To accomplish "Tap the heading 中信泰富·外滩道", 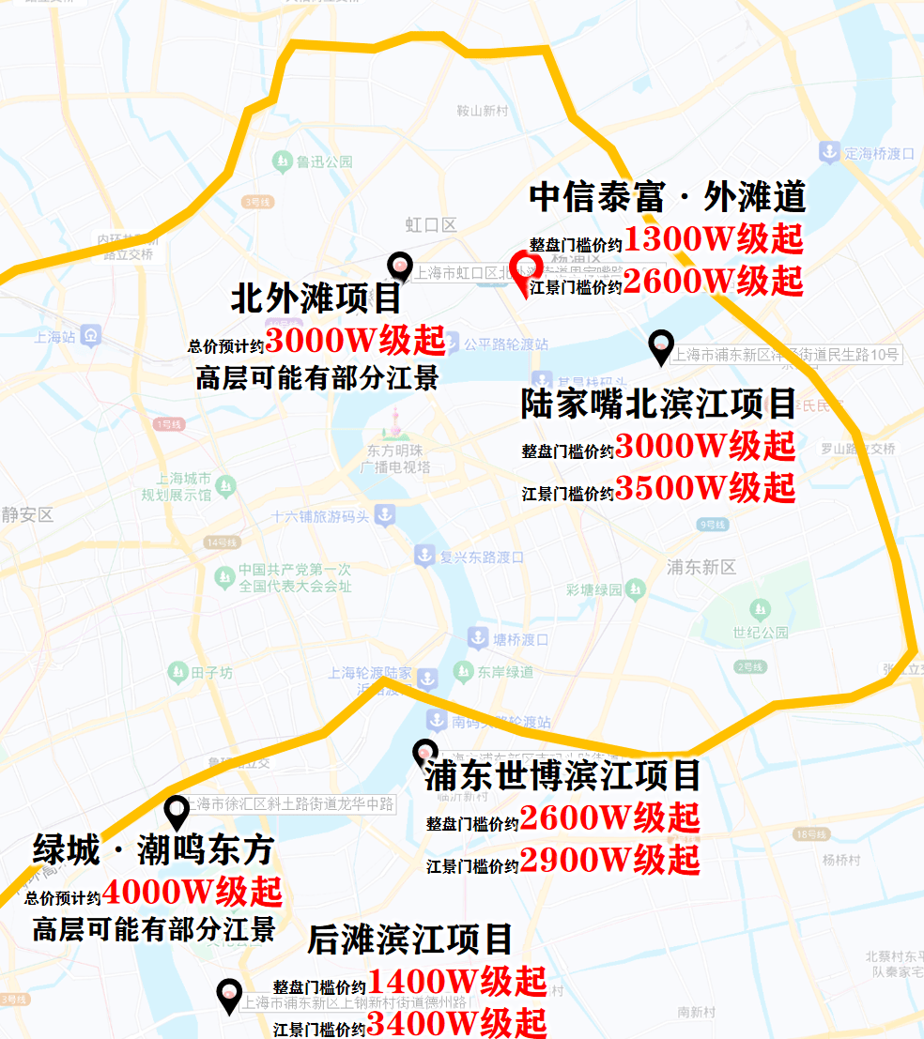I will click(667, 197).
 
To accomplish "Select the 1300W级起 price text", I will click(714, 240).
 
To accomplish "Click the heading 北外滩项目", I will click(316, 299).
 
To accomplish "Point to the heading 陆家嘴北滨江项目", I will click(659, 405).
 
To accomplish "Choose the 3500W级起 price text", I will click(705, 488).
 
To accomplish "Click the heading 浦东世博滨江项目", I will click(562, 776).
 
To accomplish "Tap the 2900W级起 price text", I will click(610, 860).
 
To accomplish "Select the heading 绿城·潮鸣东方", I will click(153, 850).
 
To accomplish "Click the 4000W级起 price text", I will click(192, 890).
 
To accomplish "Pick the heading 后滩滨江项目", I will click(410, 939).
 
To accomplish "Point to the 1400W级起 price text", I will click(457, 982).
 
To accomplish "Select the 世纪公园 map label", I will click(762, 633).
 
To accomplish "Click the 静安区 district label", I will click(27, 515).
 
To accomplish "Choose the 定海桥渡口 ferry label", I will click(879, 152).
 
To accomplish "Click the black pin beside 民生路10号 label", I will click(661, 347).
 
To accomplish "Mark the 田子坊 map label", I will click(211, 672).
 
